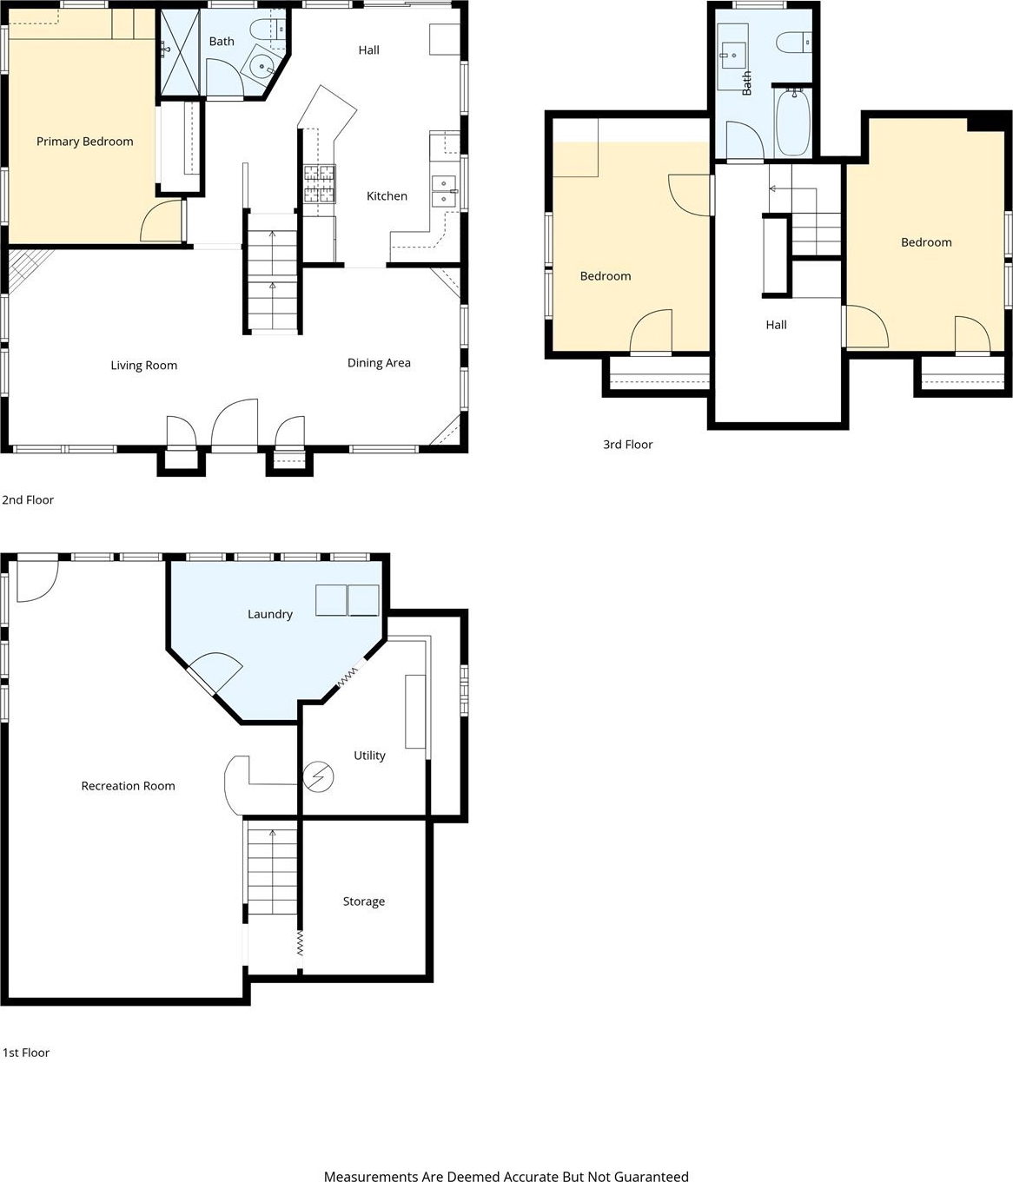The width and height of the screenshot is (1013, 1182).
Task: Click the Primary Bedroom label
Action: coord(84,142)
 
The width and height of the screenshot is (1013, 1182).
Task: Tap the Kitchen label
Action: coord(387,195)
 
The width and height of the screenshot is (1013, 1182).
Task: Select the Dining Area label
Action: coord(379,362)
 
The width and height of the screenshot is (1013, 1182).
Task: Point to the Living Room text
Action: coord(143,366)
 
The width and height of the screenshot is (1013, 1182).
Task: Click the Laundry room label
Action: coord(270,614)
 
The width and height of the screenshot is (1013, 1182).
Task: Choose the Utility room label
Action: coord(369,756)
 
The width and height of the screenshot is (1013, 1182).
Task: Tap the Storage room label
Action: coord(364,901)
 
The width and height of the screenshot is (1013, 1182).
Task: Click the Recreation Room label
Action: coord(128,786)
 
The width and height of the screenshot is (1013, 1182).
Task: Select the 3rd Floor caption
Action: coord(627,445)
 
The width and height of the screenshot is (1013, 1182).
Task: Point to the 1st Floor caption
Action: coord(26,1053)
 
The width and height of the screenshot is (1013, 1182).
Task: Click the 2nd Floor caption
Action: coord(28,499)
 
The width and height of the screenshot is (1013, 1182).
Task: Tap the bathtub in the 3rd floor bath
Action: coord(793,122)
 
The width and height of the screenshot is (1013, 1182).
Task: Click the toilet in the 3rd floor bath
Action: coord(794,43)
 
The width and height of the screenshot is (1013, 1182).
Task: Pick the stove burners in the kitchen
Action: coord(319,184)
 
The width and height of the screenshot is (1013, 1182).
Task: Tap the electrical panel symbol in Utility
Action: coord(318,776)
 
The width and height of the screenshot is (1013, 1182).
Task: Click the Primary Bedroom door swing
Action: coord(162,221)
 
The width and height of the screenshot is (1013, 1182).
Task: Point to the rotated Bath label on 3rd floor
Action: coord(746,83)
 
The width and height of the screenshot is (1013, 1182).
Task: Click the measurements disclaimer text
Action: coord(506,1172)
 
